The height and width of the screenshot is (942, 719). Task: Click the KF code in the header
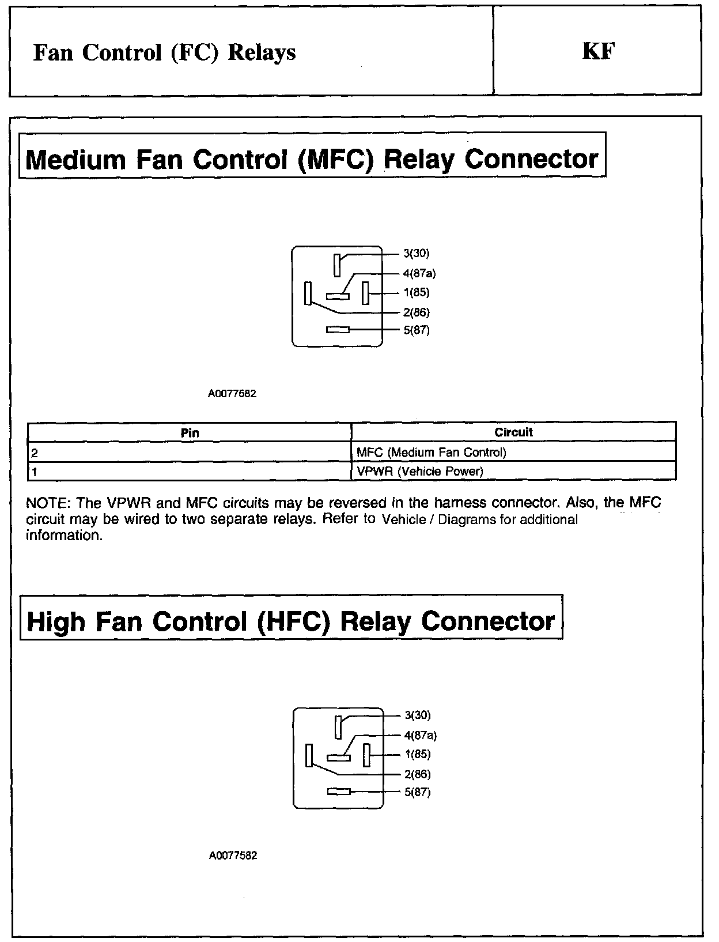click(599, 52)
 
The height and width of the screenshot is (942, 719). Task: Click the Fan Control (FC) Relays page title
click(164, 52)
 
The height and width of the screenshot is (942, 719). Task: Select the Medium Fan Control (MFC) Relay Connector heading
click(312, 159)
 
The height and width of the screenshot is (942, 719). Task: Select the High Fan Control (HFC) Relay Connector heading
click(291, 621)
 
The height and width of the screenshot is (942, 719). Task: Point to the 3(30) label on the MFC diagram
click(416, 253)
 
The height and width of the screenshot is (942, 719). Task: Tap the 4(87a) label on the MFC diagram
click(419, 274)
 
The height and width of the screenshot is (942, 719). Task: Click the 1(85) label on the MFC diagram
click(416, 292)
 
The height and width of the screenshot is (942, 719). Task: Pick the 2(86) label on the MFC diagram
click(416, 312)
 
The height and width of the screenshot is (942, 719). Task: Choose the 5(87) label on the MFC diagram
click(416, 330)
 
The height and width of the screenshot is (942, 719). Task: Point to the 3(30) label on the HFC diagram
click(417, 715)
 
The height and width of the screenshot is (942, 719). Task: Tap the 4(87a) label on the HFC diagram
click(421, 736)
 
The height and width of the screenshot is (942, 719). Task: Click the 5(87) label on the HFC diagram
click(417, 792)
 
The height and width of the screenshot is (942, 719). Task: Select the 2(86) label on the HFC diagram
click(417, 774)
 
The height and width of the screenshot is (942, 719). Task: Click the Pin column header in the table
click(190, 432)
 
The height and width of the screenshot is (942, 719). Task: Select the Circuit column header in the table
click(513, 432)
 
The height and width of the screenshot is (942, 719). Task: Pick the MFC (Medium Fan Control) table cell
click(431, 453)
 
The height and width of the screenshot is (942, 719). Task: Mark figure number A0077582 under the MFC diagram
click(232, 394)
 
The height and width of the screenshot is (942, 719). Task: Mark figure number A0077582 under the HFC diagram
click(233, 856)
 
